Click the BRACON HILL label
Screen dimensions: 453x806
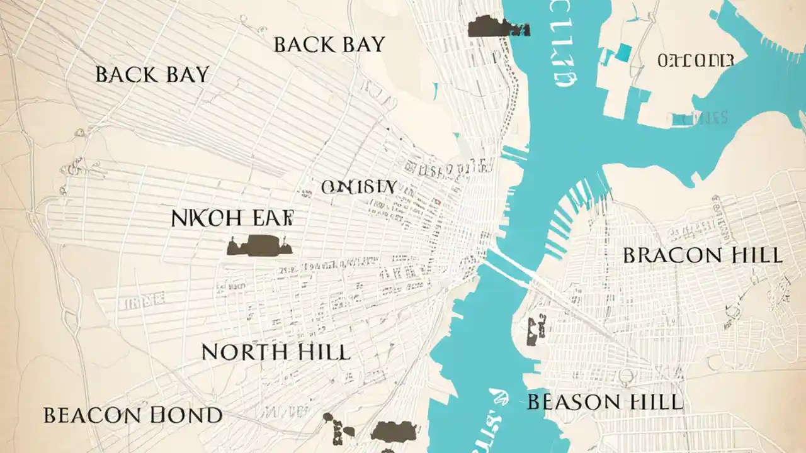(702, 255)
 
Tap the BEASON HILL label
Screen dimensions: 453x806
(604, 401)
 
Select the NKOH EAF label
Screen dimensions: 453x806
(232, 218)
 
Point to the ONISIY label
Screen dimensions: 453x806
(358, 187)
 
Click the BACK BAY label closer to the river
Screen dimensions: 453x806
(329, 44)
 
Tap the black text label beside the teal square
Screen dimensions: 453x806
(695, 60)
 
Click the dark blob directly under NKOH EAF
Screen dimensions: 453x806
(259, 245)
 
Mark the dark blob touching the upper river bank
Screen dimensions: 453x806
(497, 26)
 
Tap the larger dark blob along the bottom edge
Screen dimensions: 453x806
(394, 431)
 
